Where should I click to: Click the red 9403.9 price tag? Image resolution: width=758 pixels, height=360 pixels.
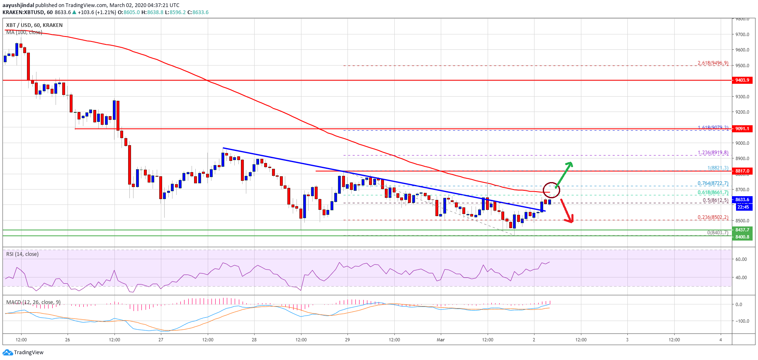(x=742, y=80)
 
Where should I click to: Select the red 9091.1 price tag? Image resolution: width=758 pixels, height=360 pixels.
(x=742, y=129)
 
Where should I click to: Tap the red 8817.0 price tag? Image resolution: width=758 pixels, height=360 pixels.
(x=742, y=171)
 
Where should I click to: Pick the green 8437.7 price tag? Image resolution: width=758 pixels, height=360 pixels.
(x=742, y=230)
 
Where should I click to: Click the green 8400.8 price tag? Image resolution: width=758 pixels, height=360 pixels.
(x=742, y=237)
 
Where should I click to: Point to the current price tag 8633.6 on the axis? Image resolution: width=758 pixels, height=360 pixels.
(x=742, y=199)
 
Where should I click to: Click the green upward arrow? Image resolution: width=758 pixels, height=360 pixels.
(x=564, y=174)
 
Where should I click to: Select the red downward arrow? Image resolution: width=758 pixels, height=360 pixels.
(x=567, y=211)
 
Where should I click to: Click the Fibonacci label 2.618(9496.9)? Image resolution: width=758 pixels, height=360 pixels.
(x=713, y=63)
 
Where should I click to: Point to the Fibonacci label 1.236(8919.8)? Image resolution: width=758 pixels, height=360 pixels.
(x=713, y=153)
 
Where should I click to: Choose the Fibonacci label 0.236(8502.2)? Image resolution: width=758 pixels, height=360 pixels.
(x=713, y=217)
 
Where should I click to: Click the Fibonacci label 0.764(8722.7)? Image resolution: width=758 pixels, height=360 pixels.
(x=713, y=183)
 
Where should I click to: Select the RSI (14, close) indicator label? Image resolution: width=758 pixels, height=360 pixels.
(x=22, y=254)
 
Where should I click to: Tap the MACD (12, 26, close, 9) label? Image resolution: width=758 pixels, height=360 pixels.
(x=33, y=302)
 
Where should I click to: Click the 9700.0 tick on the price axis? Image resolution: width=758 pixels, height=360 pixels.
(x=742, y=34)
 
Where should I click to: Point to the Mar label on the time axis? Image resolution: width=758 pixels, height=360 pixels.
(x=440, y=340)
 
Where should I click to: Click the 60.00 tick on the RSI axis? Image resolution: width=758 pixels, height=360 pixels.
(x=741, y=259)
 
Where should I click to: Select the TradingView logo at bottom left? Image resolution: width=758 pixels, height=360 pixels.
(x=23, y=353)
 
